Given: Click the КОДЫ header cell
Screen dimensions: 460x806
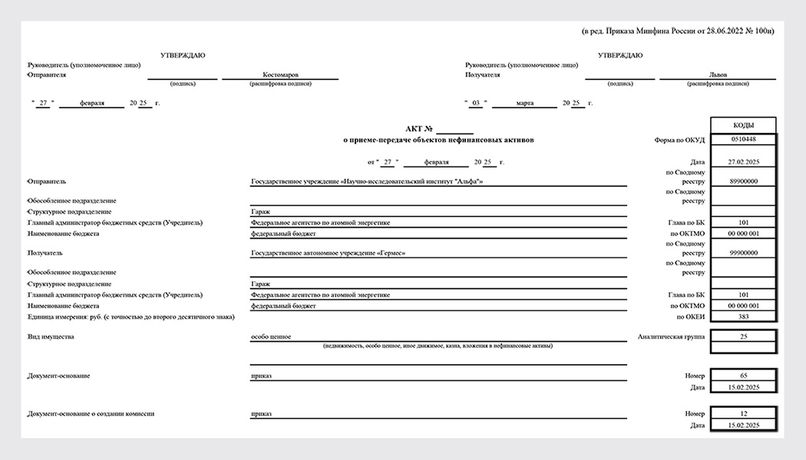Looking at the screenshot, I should coord(743,125).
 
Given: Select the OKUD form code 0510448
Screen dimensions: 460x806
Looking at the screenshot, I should coord(743,140).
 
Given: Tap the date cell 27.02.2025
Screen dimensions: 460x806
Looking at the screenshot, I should coord(743,162).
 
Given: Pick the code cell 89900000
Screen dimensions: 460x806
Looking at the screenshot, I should coord(743,181).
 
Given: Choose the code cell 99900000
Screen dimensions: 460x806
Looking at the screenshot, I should coord(743,253).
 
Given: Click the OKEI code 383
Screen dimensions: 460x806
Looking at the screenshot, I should coord(743,316).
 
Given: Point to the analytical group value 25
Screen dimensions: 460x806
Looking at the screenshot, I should coord(743,336).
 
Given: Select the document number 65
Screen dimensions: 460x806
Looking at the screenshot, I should coord(743,376).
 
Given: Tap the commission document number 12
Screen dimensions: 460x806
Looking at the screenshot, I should coord(743,414).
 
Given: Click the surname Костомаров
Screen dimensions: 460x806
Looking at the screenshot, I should coord(280,75).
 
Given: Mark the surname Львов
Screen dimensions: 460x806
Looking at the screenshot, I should coord(718,75).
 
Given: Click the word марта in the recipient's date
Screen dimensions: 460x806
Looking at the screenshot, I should coord(525,103).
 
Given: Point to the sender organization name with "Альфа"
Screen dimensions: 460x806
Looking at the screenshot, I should coord(367,182).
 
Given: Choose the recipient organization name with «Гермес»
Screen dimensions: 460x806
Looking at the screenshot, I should coord(328,253).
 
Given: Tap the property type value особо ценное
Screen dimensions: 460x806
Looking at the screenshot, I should coord(271,336).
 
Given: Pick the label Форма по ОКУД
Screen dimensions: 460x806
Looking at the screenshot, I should coord(679,140).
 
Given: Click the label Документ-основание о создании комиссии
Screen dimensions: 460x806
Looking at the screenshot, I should coord(91,414).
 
